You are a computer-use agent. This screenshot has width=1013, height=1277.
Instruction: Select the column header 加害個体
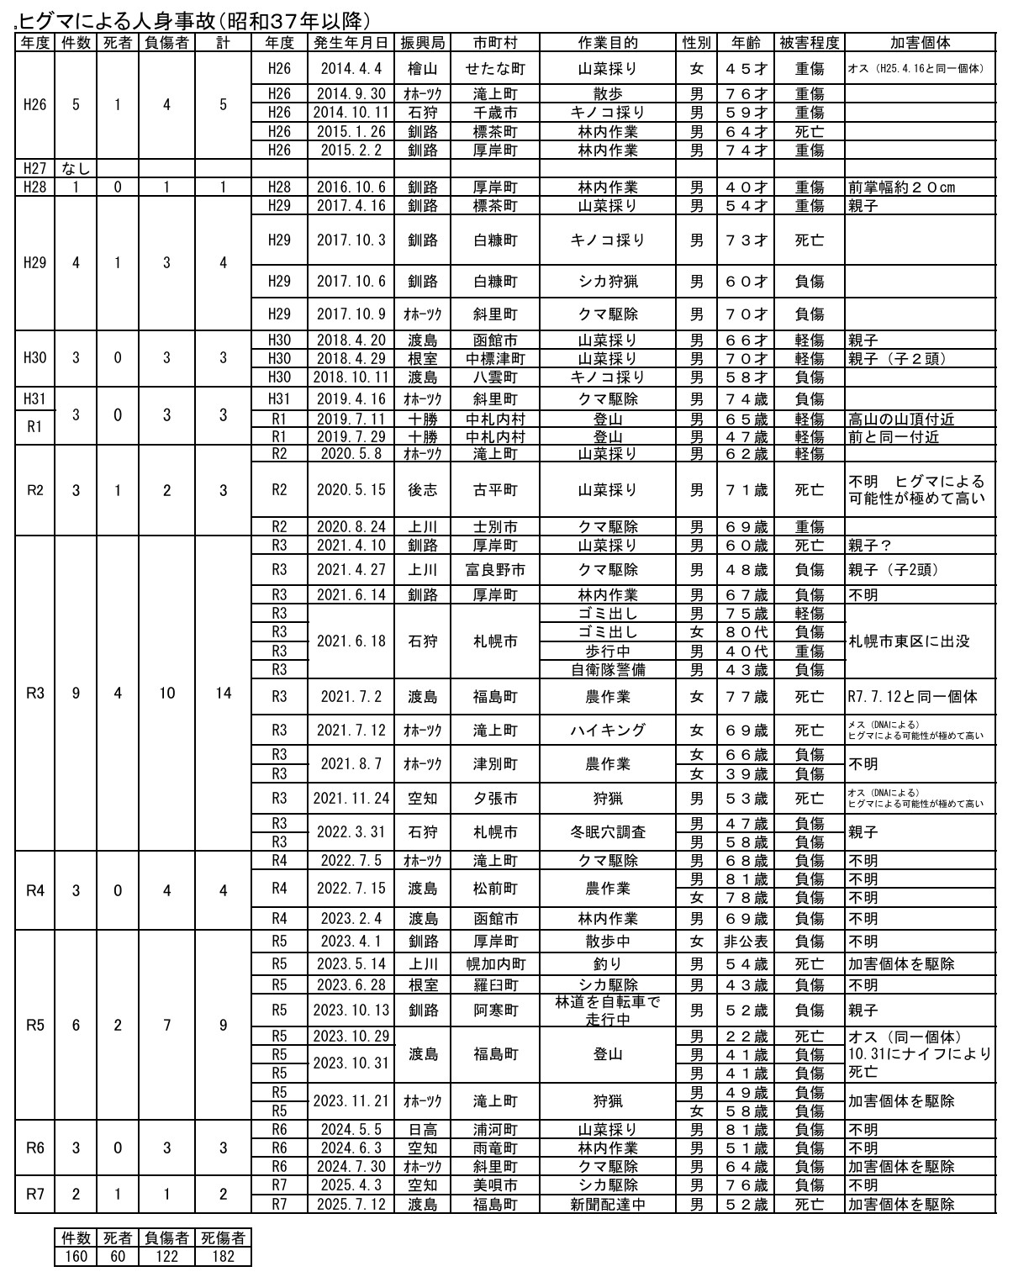click(x=920, y=43)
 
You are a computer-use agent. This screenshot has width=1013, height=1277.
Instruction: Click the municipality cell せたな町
click(x=494, y=69)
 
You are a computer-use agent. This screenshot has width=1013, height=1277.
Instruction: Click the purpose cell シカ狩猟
click(x=609, y=282)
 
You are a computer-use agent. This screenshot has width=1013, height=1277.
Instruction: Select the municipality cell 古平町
click(x=494, y=490)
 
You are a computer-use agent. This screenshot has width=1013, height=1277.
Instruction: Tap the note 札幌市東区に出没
click(x=909, y=641)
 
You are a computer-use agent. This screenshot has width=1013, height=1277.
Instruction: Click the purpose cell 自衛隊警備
click(x=609, y=670)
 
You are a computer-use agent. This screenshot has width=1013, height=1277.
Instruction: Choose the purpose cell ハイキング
click(x=609, y=731)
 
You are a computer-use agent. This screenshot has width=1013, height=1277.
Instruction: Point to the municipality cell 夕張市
click(x=494, y=799)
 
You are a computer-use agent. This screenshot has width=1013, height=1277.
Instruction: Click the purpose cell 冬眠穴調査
click(x=609, y=832)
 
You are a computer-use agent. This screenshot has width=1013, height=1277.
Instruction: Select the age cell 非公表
click(x=746, y=942)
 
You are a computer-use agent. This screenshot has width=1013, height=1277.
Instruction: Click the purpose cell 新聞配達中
click(x=609, y=1204)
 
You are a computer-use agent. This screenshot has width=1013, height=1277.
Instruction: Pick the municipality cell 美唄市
click(x=494, y=1185)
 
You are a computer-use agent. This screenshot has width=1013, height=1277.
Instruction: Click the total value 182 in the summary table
click(x=223, y=1257)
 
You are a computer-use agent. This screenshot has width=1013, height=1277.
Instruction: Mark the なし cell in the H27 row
click(x=76, y=169)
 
